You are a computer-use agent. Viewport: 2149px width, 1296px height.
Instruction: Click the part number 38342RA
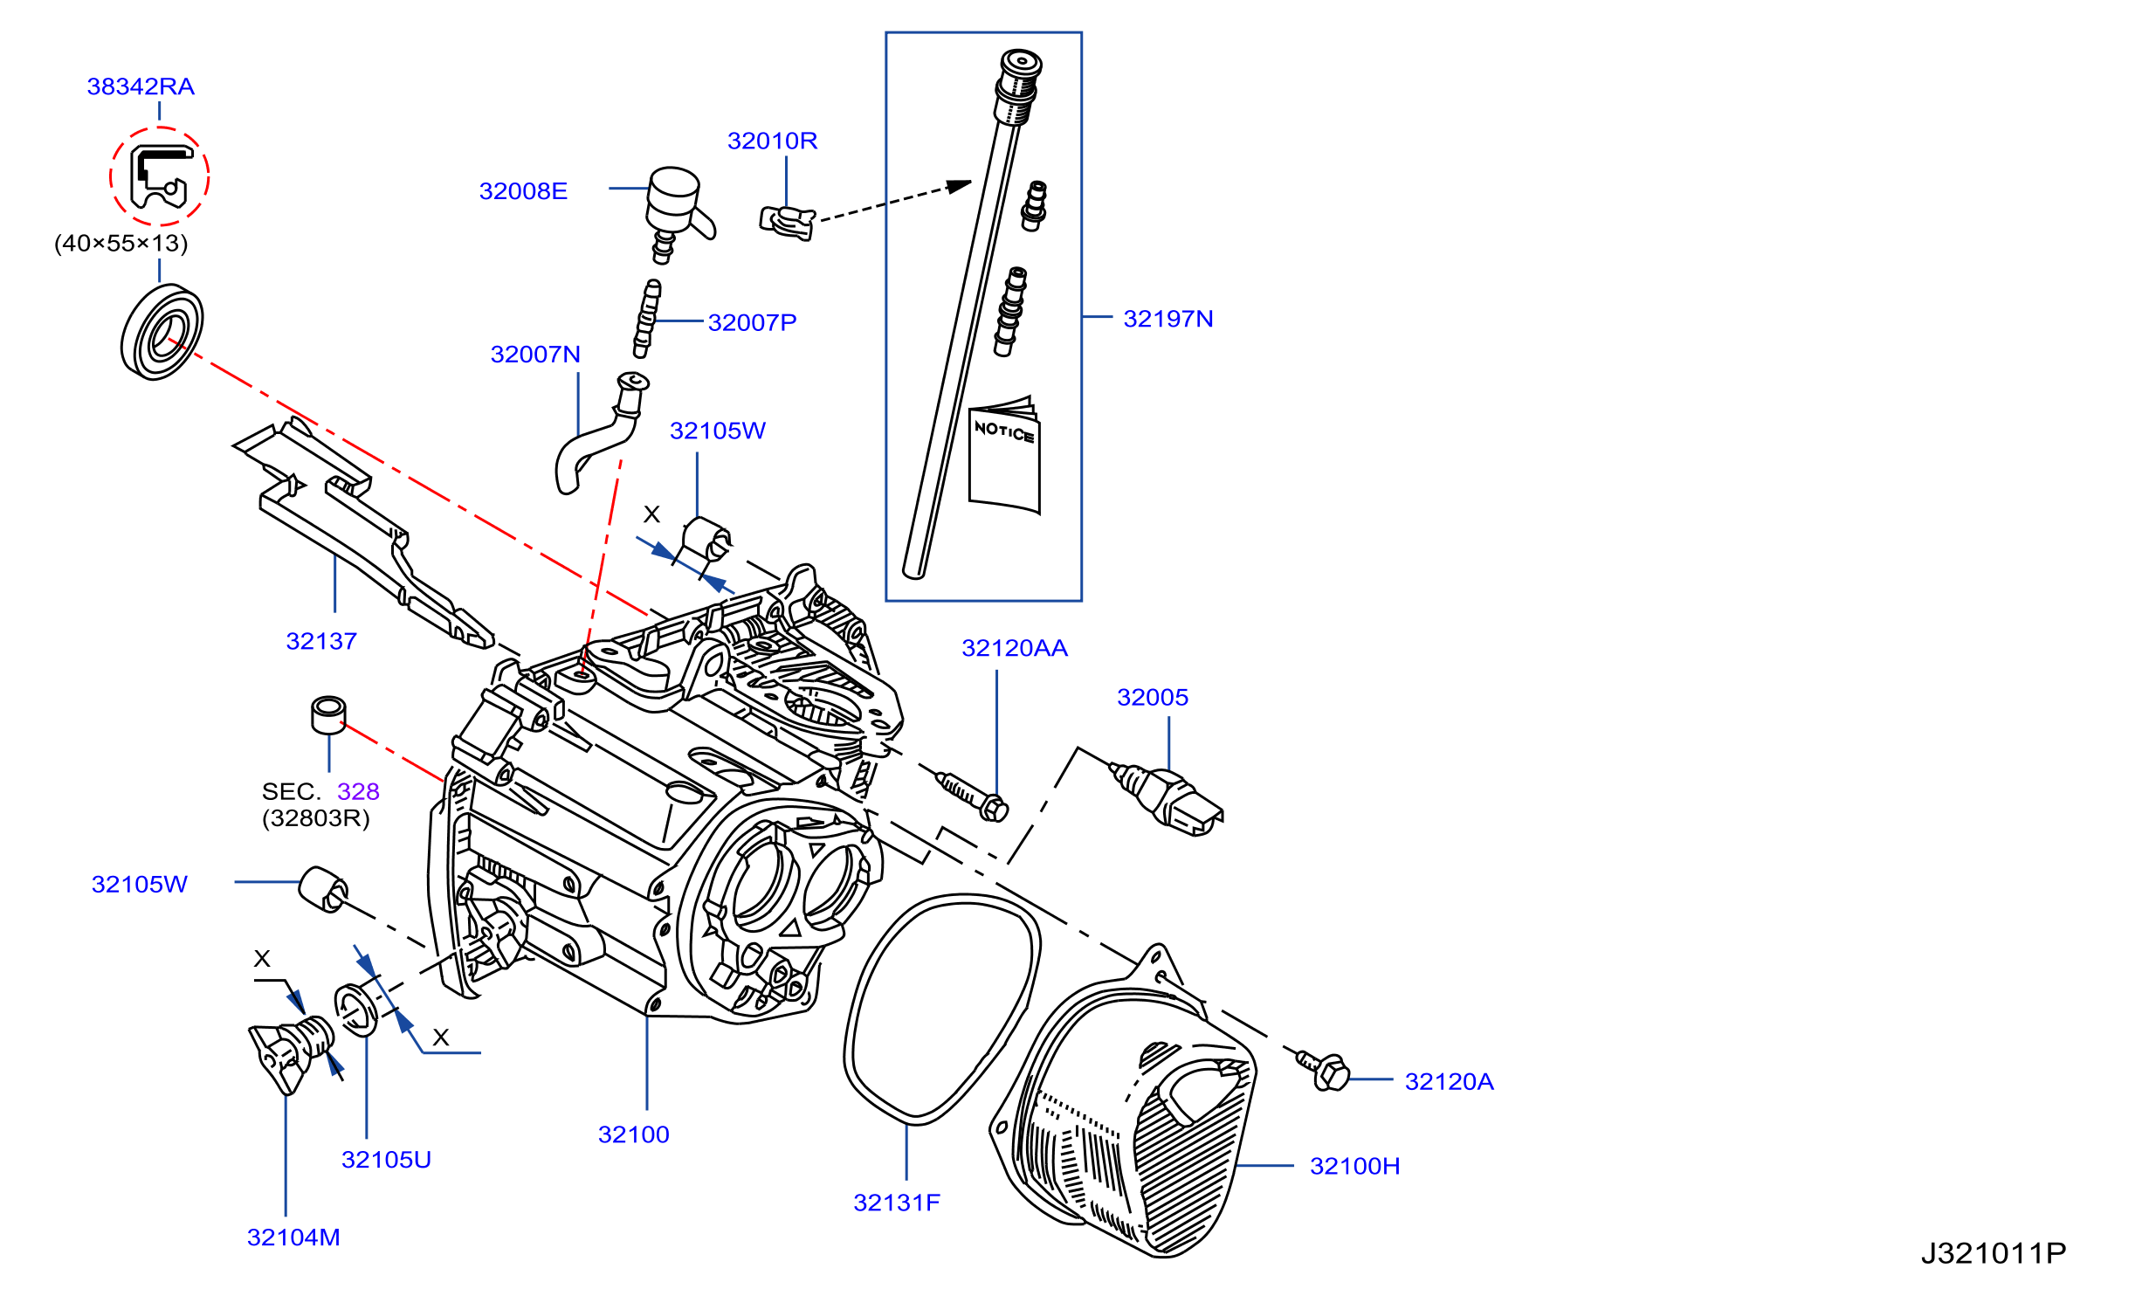point(141,86)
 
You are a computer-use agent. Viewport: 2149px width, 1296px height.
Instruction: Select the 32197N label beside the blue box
point(1167,319)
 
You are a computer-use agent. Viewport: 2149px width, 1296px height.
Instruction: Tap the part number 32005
point(1153,697)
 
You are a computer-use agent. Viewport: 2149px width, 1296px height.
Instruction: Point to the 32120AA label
point(1015,648)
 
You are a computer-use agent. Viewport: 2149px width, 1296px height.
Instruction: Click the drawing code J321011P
point(1994,1253)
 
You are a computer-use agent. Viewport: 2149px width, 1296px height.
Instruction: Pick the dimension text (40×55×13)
point(121,243)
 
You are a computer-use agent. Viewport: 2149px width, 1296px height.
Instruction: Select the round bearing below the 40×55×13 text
point(162,332)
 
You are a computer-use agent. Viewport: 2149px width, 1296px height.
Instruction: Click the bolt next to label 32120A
point(1324,1070)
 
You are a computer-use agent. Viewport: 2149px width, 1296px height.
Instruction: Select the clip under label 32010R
point(788,223)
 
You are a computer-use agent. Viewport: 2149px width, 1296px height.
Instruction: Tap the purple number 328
point(358,791)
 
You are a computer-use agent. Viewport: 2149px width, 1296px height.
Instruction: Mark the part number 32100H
point(1354,1166)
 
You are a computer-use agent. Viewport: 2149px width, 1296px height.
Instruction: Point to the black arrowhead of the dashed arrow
point(960,186)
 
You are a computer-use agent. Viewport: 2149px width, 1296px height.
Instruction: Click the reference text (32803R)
point(316,818)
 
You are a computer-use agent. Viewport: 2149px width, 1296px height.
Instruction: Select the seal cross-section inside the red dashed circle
point(161,176)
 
